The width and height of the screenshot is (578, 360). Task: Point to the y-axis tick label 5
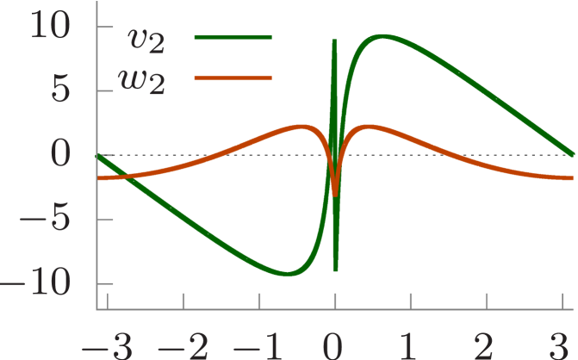pyautogui.click(x=59, y=90)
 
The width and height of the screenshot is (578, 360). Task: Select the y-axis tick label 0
pyautogui.click(x=59, y=154)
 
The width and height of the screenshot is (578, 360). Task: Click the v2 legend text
pyautogui.click(x=146, y=38)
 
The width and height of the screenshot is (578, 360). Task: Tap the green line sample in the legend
pyautogui.click(x=233, y=38)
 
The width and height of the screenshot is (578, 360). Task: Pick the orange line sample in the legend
pyautogui.click(x=233, y=78)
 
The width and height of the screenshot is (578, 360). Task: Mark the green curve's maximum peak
pyautogui.click(x=382, y=36)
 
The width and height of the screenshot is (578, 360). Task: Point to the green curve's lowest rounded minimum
pyautogui.click(x=289, y=274)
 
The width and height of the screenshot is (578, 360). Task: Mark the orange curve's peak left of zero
pyautogui.click(x=301, y=127)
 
